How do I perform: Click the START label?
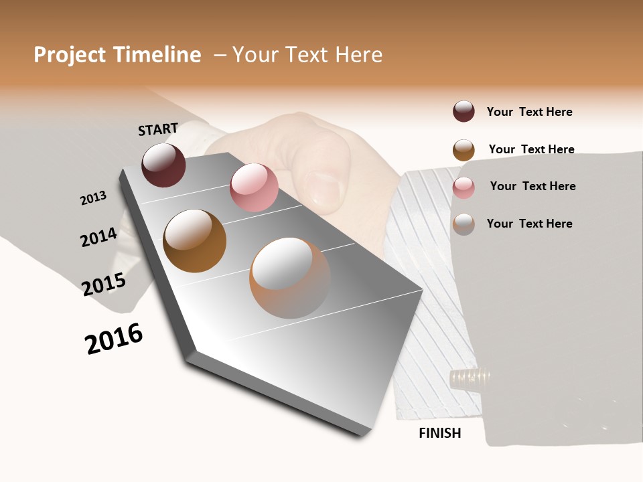click(158, 129)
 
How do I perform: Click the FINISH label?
click(440, 433)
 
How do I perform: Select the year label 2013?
click(93, 198)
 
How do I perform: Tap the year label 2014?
click(98, 237)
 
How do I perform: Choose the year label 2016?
click(114, 339)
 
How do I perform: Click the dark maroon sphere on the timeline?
click(163, 165)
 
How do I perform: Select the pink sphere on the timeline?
click(254, 187)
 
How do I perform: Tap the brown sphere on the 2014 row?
click(195, 241)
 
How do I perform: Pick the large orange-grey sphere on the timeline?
click(290, 278)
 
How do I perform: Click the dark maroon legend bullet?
click(463, 111)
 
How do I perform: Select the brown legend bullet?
click(463, 150)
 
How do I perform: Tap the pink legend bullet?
click(463, 187)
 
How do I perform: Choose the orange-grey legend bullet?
click(463, 224)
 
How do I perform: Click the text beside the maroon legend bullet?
click(529, 112)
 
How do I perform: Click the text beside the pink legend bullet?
click(532, 186)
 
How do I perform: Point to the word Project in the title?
click(70, 55)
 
